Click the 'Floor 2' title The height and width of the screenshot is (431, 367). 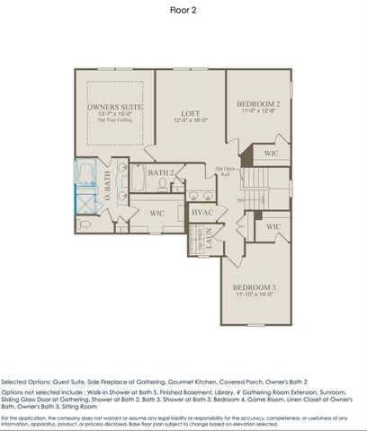coord(183,11)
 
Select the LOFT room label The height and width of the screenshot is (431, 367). coord(189,113)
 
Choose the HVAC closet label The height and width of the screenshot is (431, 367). coord(202,212)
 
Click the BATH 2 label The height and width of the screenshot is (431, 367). coord(160,172)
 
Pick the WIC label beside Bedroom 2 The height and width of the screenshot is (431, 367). coord(272,154)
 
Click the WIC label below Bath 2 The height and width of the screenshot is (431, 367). coord(157,213)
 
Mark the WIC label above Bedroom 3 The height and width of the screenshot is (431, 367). coord(273,226)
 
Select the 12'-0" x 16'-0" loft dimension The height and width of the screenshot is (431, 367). coord(190,120)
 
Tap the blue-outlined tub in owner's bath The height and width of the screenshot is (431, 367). coord(87,172)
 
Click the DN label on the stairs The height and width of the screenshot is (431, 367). coord(239,200)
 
